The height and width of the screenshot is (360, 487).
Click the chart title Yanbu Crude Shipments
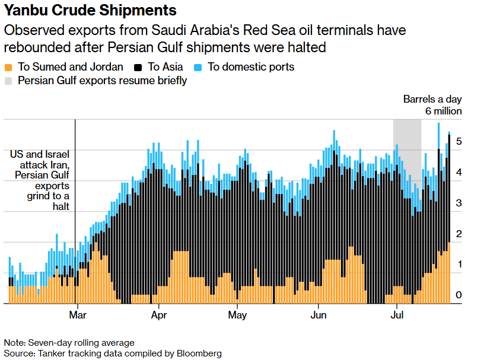pyautogui.click(x=90, y=10)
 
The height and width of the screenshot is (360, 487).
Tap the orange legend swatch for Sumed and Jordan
pyautogui.click(x=8, y=68)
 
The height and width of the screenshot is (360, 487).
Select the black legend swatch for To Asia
pyautogui.click(x=138, y=68)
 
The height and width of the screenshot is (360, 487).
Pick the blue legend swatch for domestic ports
pyautogui.click(x=198, y=68)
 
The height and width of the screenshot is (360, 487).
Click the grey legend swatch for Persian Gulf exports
pyautogui.click(x=8, y=81)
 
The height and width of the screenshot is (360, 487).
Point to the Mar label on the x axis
pyautogui.click(x=78, y=315)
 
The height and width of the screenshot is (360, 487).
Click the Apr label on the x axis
pyautogui.click(x=159, y=316)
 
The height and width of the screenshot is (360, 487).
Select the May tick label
pyautogui.click(x=237, y=316)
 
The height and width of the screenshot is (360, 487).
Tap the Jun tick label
pyautogui.click(x=319, y=315)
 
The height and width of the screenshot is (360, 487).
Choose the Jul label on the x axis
pyautogui.click(x=397, y=315)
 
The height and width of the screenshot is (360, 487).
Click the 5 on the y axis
pyautogui.click(x=459, y=141)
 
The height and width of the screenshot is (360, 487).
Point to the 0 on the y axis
pyautogui.click(x=459, y=295)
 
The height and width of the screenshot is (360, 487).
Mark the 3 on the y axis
pyautogui.click(x=459, y=203)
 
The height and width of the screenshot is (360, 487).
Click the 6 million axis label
pyautogui.click(x=444, y=111)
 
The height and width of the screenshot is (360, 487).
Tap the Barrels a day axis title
pyautogui.click(x=432, y=99)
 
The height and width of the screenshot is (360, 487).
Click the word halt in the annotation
pyautogui.click(x=61, y=206)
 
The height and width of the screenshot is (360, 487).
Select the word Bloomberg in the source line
pyautogui.click(x=199, y=353)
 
